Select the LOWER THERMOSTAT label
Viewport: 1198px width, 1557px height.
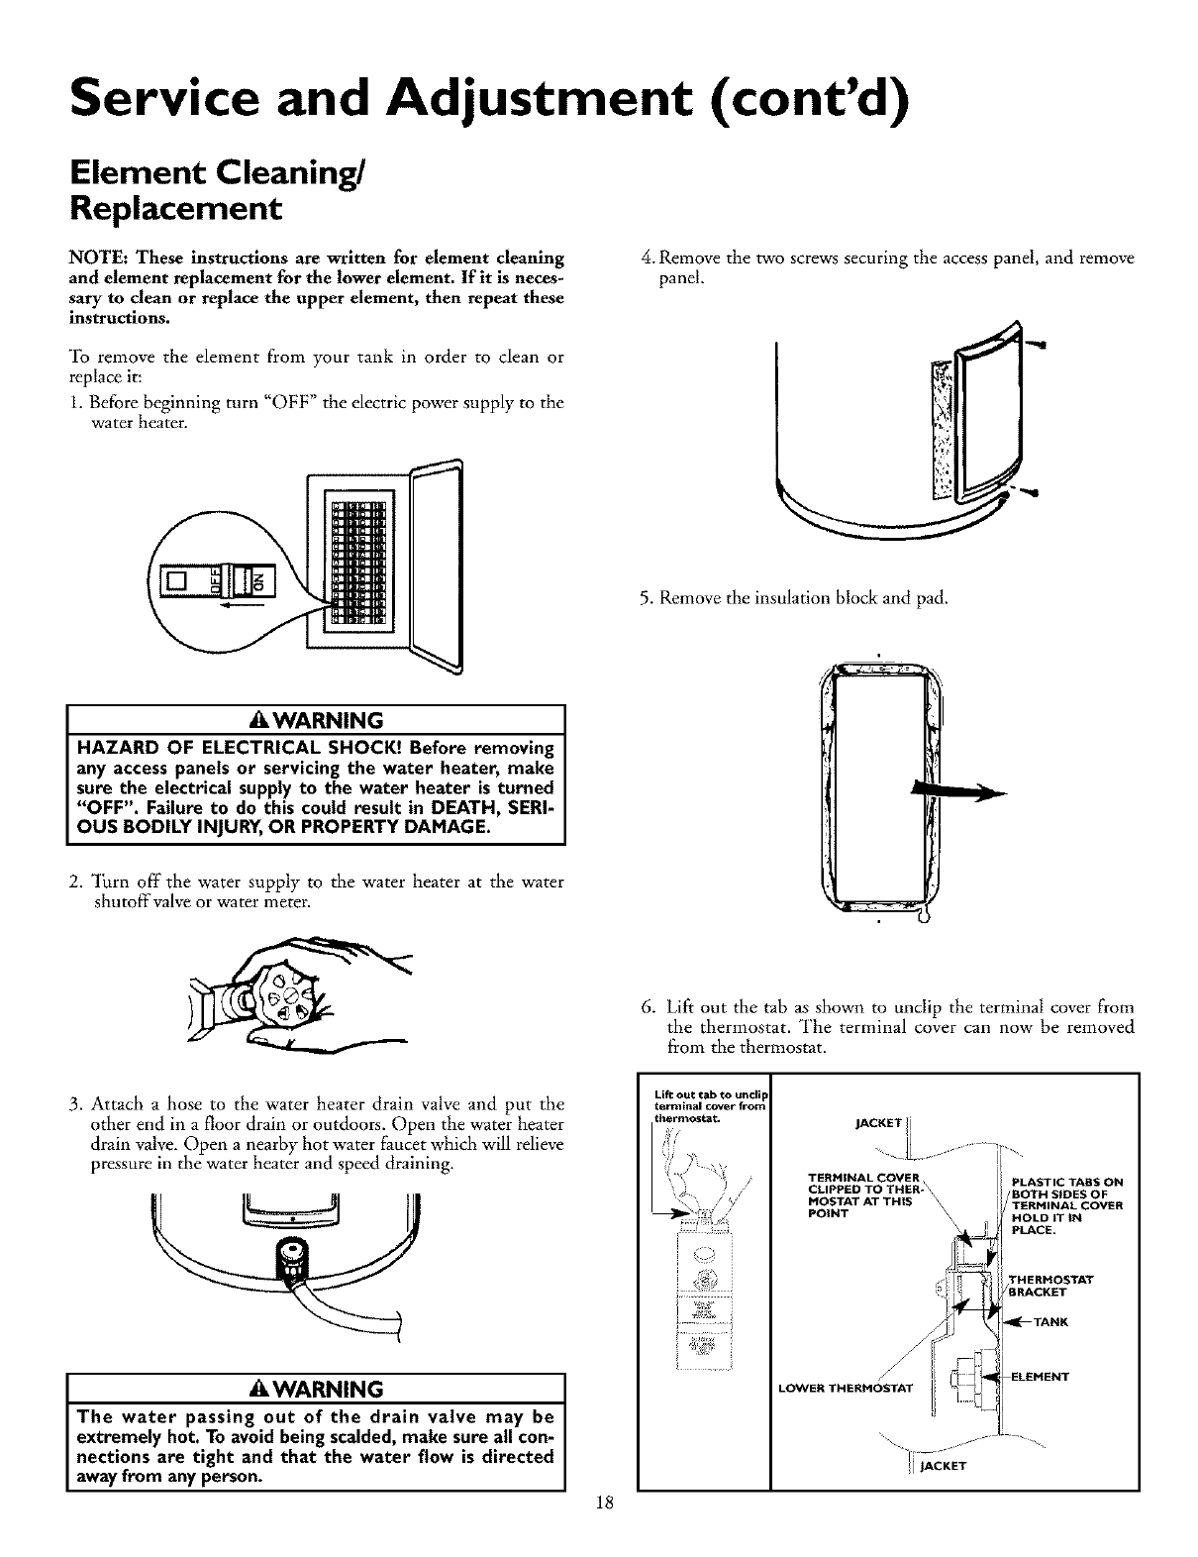click(x=849, y=1385)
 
